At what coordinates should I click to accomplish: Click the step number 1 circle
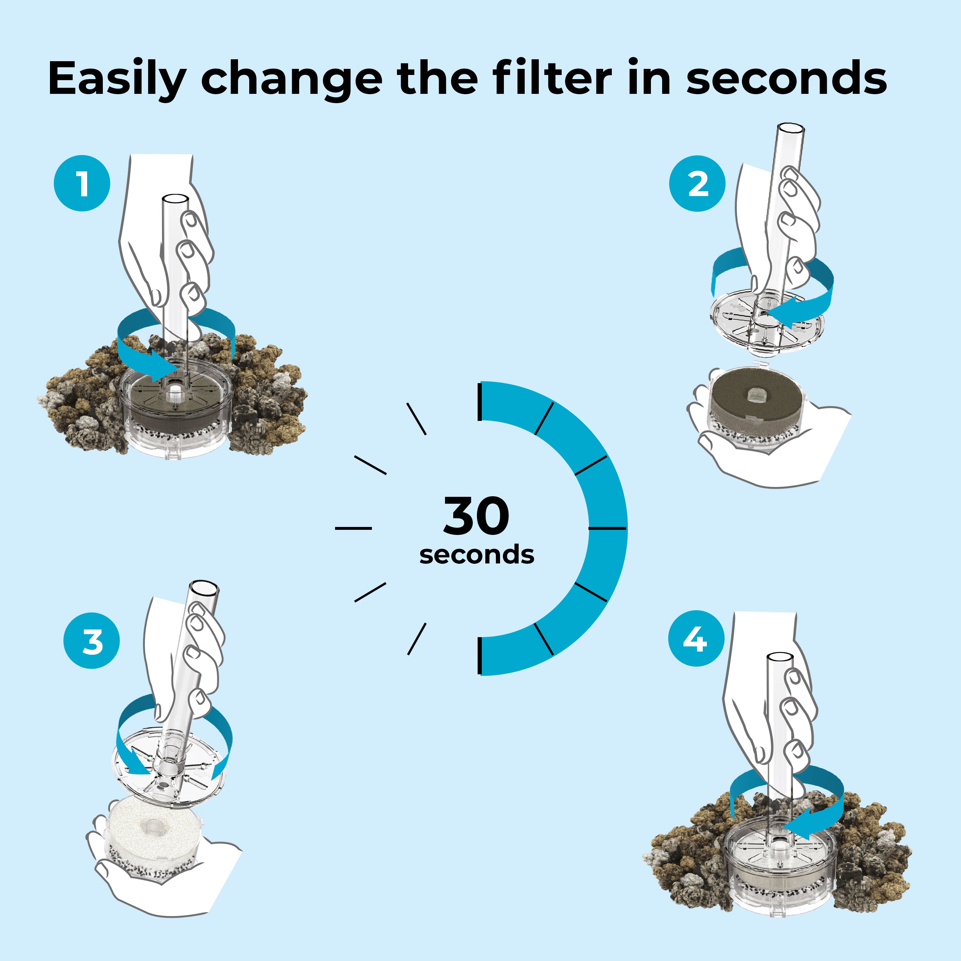click(82, 183)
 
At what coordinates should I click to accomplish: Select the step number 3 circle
click(92, 641)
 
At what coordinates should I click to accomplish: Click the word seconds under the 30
click(477, 554)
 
